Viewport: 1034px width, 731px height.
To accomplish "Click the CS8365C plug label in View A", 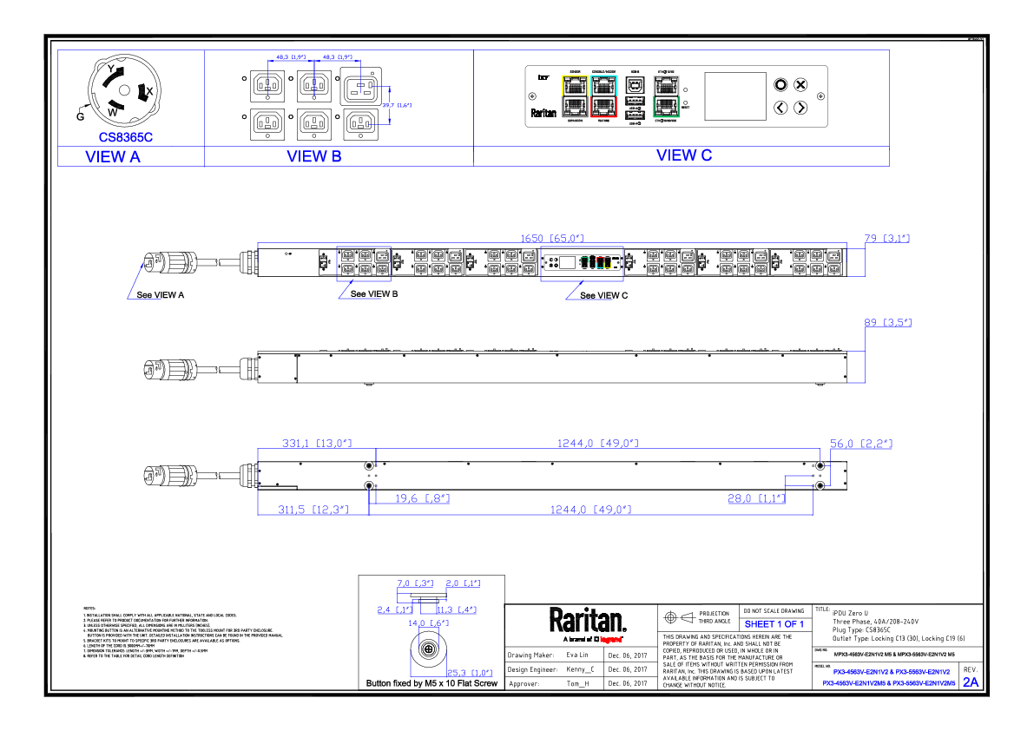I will click(126, 136).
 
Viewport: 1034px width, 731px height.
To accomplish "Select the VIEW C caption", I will click(684, 155).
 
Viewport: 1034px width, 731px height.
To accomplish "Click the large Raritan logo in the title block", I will click(587, 621).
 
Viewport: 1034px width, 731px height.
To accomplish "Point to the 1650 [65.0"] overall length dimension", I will click(552, 238).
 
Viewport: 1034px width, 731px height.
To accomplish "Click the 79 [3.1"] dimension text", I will click(885, 238).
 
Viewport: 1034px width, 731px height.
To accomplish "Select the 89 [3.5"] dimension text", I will click(886, 323).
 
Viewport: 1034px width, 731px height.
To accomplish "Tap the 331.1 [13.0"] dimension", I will click(316, 444).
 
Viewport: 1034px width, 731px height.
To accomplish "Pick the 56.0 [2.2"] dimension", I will click(861, 444).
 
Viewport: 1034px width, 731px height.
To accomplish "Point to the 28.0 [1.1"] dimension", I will click(756, 498).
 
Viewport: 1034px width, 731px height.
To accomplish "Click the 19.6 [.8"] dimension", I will click(422, 498).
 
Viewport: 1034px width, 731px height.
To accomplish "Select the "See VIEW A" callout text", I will click(161, 295).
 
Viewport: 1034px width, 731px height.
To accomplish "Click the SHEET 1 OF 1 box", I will click(774, 624).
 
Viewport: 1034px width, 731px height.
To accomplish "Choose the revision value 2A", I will click(970, 682).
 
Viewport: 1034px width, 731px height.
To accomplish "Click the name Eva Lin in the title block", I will click(577, 655).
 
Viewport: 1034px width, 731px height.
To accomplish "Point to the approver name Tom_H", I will click(577, 684).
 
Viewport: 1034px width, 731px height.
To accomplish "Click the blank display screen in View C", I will click(734, 95).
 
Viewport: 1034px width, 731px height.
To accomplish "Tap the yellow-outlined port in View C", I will click(575, 85).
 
